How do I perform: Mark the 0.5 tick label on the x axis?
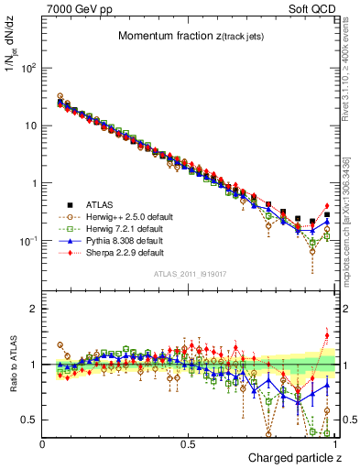tap(189, 443)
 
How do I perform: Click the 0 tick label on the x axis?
tap(43, 443)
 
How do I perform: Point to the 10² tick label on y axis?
tap(27, 68)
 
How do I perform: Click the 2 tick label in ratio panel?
tap(34, 309)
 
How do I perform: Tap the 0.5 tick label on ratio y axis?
tap(29, 420)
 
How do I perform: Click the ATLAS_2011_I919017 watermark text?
tap(190, 272)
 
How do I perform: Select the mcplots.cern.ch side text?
tap(352, 229)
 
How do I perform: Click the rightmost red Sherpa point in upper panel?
tap(327, 206)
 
